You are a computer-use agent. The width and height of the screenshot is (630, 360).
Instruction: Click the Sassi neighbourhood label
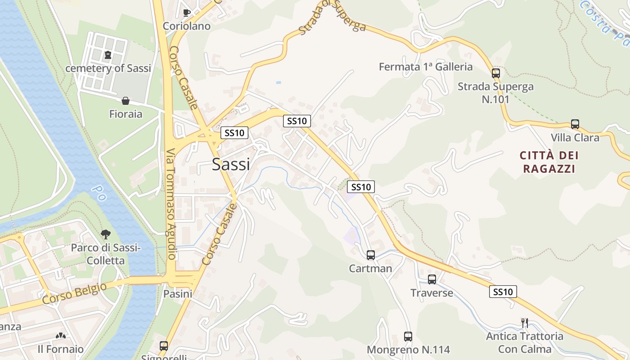click(x=231, y=165)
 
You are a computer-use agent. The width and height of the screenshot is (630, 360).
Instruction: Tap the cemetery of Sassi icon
click(x=108, y=55)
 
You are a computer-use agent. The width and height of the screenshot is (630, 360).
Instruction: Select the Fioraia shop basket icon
click(x=126, y=101)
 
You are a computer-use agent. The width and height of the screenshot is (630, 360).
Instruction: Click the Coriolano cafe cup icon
click(x=187, y=12)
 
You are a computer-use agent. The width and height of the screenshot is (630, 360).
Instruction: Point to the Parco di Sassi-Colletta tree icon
click(x=106, y=234)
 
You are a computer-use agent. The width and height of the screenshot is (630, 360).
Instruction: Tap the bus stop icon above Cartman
click(x=371, y=255)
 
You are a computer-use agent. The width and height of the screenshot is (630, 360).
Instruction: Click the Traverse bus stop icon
click(x=432, y=279)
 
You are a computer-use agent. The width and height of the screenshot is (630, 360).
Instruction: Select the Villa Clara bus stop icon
click(x=575, y=124)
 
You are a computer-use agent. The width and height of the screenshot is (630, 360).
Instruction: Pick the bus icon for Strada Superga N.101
click(x=496, y=73)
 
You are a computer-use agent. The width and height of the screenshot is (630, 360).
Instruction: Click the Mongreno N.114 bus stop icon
click(x=408, y=336)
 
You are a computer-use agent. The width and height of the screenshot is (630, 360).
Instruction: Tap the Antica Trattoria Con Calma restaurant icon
click(x=524, y=323)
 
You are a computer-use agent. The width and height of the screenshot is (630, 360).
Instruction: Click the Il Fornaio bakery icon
click(x=60, y=336)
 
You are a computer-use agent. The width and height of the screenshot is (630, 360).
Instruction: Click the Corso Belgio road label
click(x=75, y=293)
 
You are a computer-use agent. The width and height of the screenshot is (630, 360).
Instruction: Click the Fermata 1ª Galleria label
click(x=426, y=67)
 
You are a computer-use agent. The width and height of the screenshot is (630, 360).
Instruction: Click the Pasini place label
click(x=178, y=294)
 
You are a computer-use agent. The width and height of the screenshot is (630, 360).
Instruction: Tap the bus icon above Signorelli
click(x=164, y=346)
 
